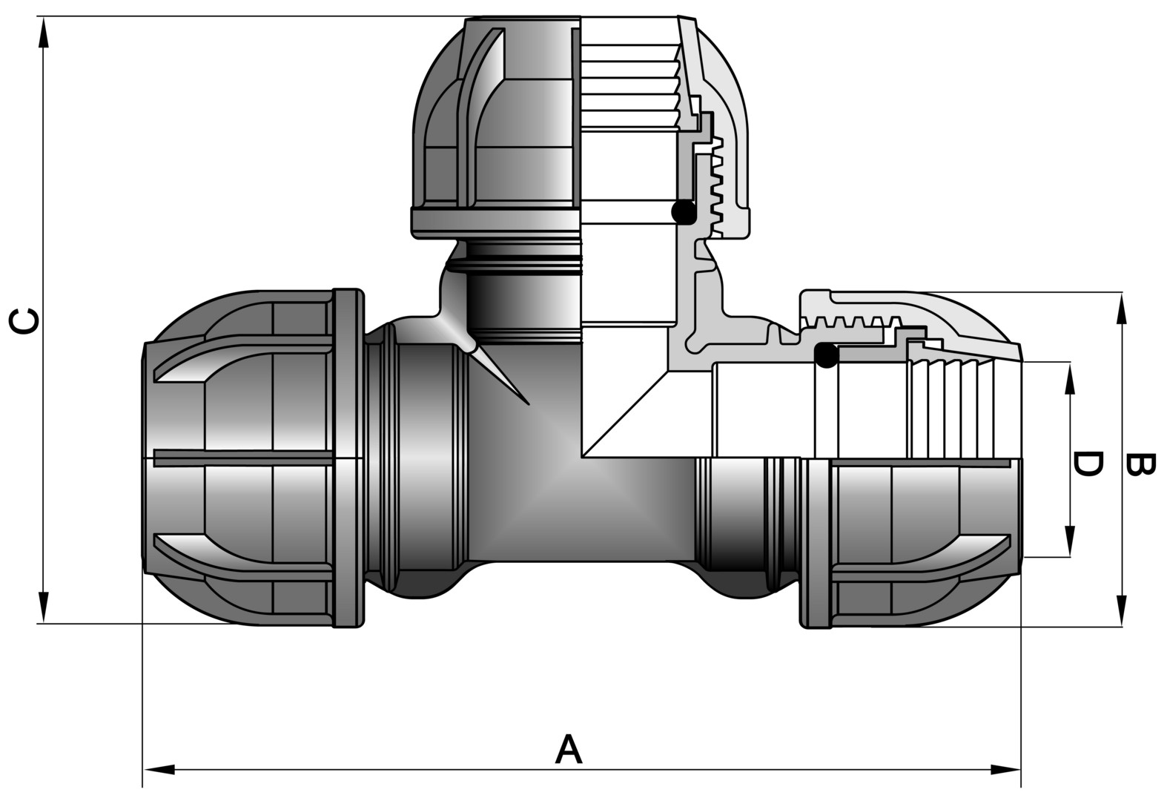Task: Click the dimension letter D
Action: click(x=1087, y=463)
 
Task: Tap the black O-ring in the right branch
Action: click(x=826, y=355)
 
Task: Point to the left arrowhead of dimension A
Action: click(x=159, y=768)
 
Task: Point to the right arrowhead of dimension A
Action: click(x=1005, y=768)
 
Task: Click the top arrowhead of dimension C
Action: click(x=44, y=33)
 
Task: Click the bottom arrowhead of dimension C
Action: click(x=44, y=607)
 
